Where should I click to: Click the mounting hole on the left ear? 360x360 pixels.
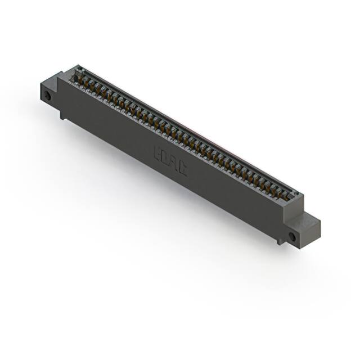click(x=48, y=96)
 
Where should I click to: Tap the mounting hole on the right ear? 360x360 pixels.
click(x=291, y=237)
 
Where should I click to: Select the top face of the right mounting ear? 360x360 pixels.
click(x=311, y=220)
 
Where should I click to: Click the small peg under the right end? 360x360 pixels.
click(x=280, y=240)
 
